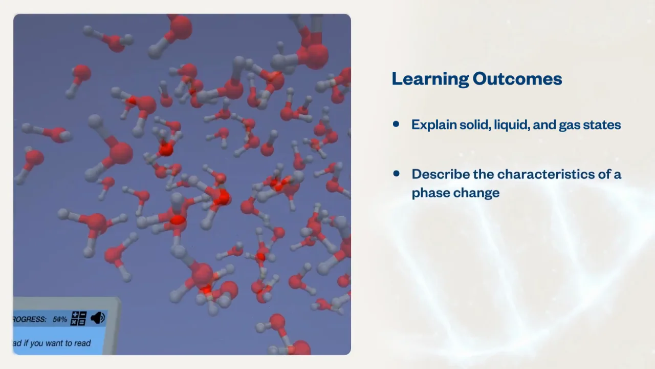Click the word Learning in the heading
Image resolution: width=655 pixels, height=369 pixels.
[429, 79]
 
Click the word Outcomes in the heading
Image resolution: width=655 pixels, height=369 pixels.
[517, 78]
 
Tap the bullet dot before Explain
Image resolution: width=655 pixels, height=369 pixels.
[396, 124]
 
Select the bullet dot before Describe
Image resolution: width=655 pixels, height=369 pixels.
[396, 174]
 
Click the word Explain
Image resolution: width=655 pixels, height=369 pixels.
[434, 125]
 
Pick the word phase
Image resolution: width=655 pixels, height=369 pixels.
[432, 193]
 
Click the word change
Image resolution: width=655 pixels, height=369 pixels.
[477, 193]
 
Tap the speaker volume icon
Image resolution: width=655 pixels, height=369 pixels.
[98, 318]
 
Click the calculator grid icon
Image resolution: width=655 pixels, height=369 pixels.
[79, 318]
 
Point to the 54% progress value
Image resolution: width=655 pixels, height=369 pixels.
[60, 319]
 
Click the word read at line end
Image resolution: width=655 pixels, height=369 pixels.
[82, 343]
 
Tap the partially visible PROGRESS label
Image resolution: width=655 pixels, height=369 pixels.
[30, 319]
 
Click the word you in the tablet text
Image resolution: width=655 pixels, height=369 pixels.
[36, 343]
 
